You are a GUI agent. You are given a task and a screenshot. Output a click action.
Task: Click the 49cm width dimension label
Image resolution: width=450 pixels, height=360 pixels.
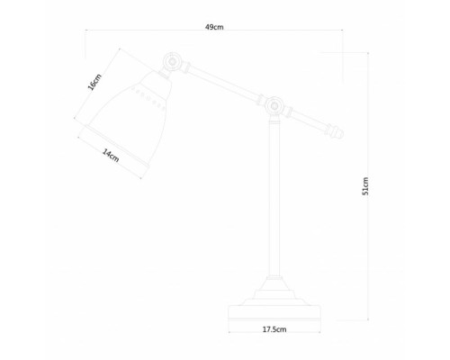pos(214,28)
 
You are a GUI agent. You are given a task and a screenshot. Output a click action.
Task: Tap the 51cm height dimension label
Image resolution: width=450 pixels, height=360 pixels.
pos(364,186)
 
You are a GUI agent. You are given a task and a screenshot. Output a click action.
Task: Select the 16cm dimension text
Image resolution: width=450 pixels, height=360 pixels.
pos(94,83)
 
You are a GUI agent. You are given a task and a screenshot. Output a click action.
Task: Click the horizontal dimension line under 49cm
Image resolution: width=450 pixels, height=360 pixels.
pos(214,34)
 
